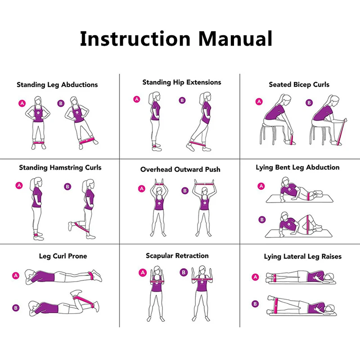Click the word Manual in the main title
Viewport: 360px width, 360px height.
click(235, 39)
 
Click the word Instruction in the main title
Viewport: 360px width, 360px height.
click(135, 39)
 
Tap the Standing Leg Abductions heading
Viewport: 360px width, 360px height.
click(57, 85)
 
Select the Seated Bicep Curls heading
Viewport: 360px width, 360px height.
click(299, 85)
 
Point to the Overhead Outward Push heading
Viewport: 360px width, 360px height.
click(180, 170)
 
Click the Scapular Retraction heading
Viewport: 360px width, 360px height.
click(177, 256)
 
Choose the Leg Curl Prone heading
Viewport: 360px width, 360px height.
click(63, 256)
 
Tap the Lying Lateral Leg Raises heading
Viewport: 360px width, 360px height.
click(302, 256)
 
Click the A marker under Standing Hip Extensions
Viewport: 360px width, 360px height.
click(137, 99)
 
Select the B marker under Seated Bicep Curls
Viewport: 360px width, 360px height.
click(309, 103)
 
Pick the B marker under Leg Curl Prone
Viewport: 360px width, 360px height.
click(16, 308)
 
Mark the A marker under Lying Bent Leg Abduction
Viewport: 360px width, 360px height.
click(261, 186)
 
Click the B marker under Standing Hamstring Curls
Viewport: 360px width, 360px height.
click(67, 186)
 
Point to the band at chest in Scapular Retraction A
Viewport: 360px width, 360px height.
click(157, 282)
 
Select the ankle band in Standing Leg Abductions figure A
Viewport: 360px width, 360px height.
click(38, 143)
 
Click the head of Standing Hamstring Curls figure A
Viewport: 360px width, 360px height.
click(37, 183)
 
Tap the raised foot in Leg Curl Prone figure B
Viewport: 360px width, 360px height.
click(76, 293)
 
